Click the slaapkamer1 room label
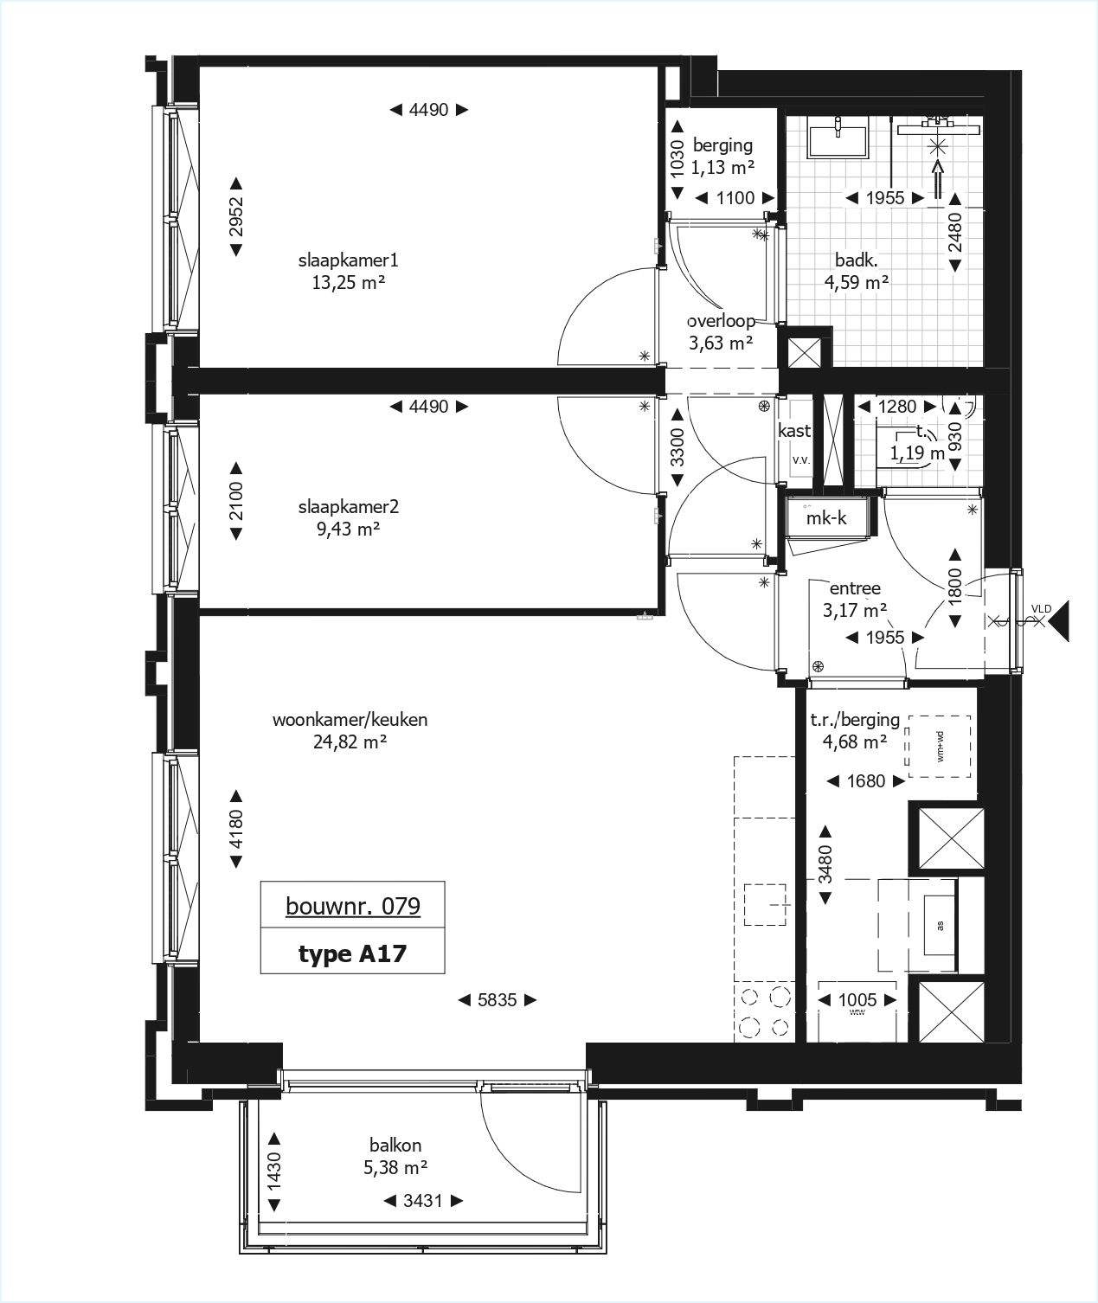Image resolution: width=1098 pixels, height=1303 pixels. (348, 260)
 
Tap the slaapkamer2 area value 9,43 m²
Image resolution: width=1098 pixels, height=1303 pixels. (348, 529)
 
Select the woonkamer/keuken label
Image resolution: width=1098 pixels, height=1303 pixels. (350, 719)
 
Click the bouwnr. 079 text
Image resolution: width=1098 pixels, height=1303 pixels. (353, 906)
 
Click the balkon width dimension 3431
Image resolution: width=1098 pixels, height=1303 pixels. (422, 1200)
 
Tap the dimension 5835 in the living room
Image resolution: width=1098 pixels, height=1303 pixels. (497, 1000)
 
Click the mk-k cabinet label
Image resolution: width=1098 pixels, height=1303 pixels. (826, 518)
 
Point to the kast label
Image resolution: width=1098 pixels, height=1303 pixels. (794, 430)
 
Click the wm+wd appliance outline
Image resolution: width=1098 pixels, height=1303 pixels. (938, 747)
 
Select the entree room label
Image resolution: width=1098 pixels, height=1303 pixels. (855, 588)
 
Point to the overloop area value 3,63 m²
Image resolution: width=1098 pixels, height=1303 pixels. (720, 342)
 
